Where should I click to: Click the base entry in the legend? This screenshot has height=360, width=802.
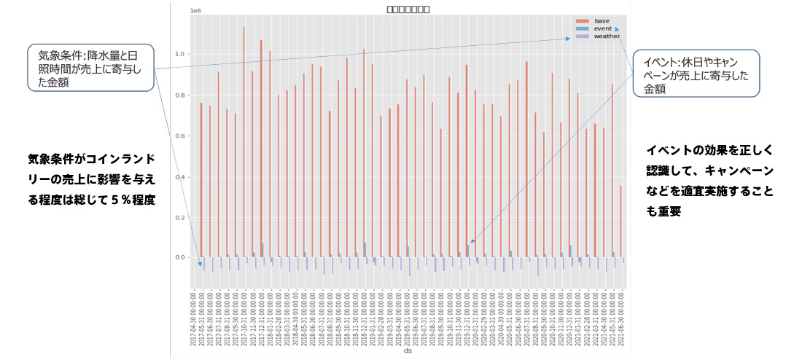601,20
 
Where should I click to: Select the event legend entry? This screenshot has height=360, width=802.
603,28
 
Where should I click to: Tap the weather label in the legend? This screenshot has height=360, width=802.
607,35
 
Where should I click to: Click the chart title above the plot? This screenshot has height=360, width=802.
408,9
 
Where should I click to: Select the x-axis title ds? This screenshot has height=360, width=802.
408,351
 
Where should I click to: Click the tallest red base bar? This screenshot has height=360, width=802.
244,138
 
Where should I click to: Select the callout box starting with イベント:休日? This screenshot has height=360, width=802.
696,74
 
